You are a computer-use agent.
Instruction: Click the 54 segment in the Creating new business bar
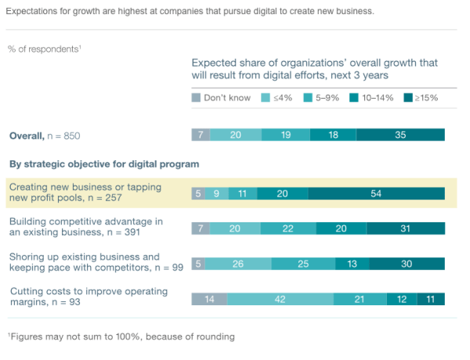click(376, 193)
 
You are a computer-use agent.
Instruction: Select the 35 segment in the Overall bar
click(400, 135)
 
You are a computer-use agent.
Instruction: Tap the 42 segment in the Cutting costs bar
click(280, 299)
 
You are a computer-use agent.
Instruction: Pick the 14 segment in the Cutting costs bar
click(209, 299)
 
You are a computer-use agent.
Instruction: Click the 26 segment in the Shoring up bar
click(237, 264)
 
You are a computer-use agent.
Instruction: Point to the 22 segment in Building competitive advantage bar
click(287, 228)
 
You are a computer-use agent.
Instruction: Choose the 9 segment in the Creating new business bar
click(217, 193)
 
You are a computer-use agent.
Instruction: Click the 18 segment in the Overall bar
click(333, 135)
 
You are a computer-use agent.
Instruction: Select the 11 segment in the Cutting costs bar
click(431, 299)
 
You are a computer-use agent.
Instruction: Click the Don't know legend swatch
click(196, 98)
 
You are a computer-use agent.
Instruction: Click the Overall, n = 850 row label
click(45, 135)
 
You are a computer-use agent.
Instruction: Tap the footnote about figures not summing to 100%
click(121, 337)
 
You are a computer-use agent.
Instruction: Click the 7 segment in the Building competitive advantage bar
click(201, 228)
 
